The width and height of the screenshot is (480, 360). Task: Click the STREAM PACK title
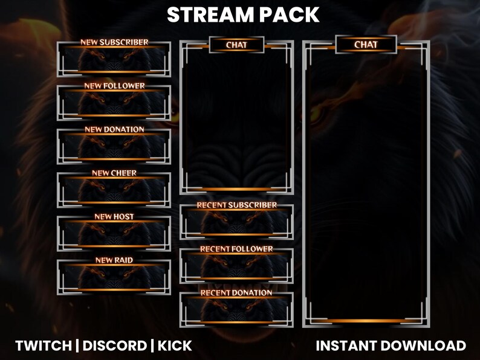tap(243, 14)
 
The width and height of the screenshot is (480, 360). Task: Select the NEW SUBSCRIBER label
tap(114, 42)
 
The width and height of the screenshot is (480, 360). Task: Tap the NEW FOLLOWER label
tap(114, 86)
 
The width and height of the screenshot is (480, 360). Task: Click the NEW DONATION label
tap(114, 129)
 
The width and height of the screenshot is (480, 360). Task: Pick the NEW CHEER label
tap(114, 173)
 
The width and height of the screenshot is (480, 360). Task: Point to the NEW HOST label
tap(114, 216)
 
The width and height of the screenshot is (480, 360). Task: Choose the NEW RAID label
tap(114, 260)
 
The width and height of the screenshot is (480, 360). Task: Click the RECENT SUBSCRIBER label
tap(236, 205)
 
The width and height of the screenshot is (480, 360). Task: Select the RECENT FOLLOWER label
tap(236, 249)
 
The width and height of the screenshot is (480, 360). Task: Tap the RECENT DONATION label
tap(236, 292)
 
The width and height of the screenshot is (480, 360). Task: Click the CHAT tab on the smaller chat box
tap(236, 45)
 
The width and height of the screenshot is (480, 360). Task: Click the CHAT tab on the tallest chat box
tap(366, 44)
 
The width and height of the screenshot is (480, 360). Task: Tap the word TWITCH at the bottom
tap(43, 346)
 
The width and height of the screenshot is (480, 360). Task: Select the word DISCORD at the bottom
tap(114, 346)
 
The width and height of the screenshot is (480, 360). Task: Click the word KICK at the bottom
tap(175, 346)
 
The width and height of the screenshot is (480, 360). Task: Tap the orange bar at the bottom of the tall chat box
tap(366, 321)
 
